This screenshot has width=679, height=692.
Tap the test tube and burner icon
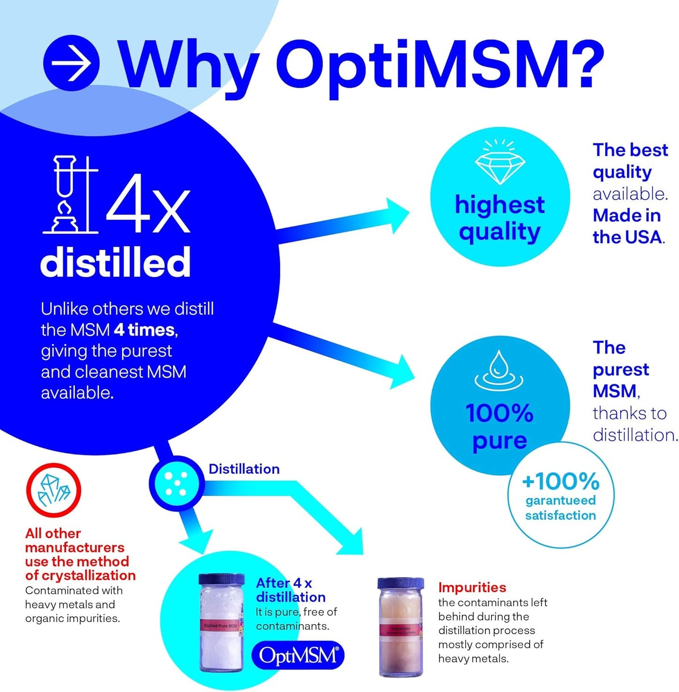coord(70,195)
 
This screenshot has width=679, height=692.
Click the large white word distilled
coord(116,262)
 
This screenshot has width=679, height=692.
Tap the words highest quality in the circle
coord(499,218)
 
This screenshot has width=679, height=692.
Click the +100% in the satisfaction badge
coord(561,481)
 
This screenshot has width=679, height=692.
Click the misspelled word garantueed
coord(561,500)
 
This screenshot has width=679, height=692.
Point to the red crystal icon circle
coord(54,490)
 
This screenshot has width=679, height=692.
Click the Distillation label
coord(244,469)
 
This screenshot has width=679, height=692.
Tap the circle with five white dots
coord(176,483)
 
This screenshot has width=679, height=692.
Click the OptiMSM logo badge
coord(298,655)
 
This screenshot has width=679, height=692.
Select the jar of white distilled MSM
coord(221,622)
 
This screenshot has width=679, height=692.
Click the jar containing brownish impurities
coord(400,627)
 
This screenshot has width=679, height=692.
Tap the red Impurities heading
coord(472,587)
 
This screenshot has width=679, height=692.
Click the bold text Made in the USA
coord(627,226)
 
